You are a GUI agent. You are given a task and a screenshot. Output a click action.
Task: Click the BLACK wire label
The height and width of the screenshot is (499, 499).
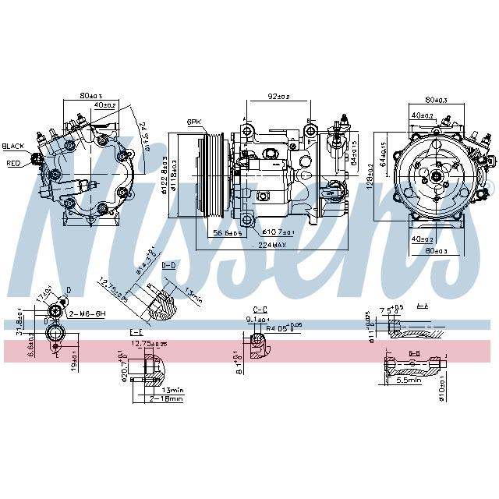tap(13, 146)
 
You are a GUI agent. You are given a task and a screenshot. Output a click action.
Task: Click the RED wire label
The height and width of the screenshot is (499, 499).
tap(13, 164)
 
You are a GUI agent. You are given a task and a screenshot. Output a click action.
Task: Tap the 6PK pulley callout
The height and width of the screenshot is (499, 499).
tap(194, 122)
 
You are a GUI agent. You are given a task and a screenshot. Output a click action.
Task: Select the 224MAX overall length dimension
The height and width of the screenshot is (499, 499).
tap(268, 244)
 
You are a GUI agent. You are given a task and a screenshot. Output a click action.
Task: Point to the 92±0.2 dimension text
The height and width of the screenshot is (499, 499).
tap(278, 97)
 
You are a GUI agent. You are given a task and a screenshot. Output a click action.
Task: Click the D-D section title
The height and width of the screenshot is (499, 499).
tap(168, 266)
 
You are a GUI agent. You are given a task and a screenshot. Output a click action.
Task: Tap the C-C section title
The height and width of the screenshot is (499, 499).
tap(260, 309)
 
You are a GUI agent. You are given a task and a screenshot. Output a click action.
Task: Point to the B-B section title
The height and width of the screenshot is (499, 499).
tap(415, 352)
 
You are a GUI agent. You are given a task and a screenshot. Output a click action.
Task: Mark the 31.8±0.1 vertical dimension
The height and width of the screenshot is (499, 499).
tap(18, 320)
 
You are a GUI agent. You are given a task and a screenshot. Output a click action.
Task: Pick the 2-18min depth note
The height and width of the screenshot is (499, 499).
tap(166, 398)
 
